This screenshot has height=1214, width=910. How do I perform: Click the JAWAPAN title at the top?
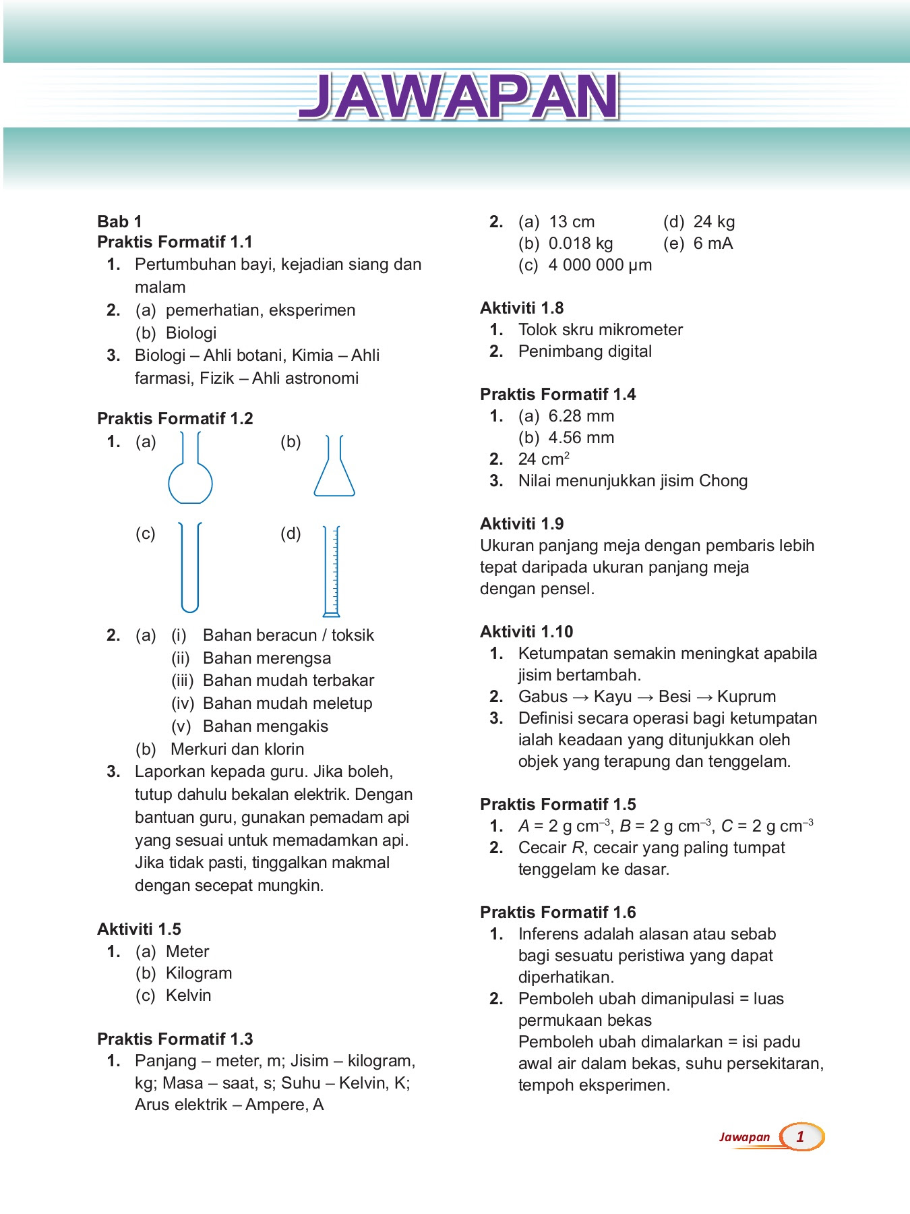pyautogui.click(x=458, y=96)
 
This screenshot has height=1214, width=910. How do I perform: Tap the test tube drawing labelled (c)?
pyautogui.click(x=190, y=567)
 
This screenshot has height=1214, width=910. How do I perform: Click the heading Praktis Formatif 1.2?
pyautogui.click(x=175, y=418)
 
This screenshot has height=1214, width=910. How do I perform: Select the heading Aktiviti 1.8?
pyautogui.click(x=522, y=308)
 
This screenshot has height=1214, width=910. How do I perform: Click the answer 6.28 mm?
pyautogui.click(x=581, y=416)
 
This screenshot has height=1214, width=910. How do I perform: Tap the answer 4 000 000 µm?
pyautogui.click(x=600, y=265)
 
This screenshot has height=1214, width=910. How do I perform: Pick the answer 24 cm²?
pyautogui.click(x=543, y=459)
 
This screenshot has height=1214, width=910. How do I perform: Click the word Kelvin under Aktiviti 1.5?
pyautogui.click(x=188, y=995)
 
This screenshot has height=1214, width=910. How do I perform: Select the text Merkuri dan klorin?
pyautogui.click(x=237, y=749)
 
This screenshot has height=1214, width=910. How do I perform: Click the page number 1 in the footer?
pyautogui.click(x=800, y=1136)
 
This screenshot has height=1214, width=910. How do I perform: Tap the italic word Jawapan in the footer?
pyautogui.click(x=744, y=1137)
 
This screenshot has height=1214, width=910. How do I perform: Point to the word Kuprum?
pyautogui.click(x=746, y=697)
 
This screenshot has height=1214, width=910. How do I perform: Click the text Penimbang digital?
pyautogui.click(x=584, y=351)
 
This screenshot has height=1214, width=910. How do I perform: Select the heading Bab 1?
pyautogui.click(x=119, y=222)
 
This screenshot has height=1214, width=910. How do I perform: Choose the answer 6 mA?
pyautogui.click(x=712, y=243)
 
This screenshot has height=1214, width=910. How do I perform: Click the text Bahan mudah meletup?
pyautogui.click(x=287, y=703)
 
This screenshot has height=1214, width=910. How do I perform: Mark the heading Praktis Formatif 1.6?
pyautogui.click(x=557, y=913)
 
